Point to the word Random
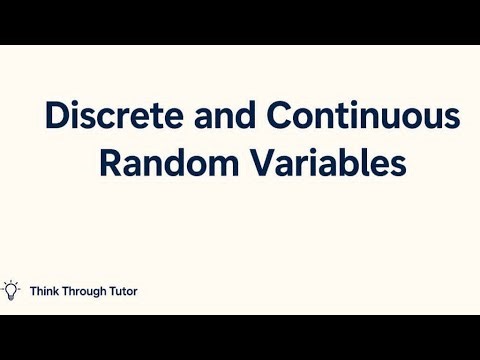160,162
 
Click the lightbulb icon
12,291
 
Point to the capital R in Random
109,162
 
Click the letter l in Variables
357,161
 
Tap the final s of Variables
398,164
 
